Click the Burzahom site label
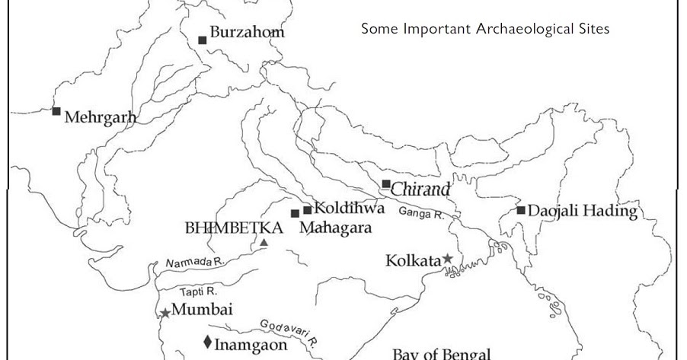tap(247, 33)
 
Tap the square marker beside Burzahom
tap(203, 40)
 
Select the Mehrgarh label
tap(101, 118)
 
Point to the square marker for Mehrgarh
tap(56, 111)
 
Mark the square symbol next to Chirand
tap(386, 183)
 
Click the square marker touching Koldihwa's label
tap(308, 209)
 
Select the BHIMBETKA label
tap(234, 228)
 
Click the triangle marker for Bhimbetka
tap(264, 243)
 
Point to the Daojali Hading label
tap(583, 211)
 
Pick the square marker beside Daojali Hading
tap(521, 210)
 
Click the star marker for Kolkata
tap(448, 260)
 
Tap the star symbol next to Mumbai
tap(165, 312)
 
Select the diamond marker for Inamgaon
tap(207, 342)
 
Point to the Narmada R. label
tap(193, 263)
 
